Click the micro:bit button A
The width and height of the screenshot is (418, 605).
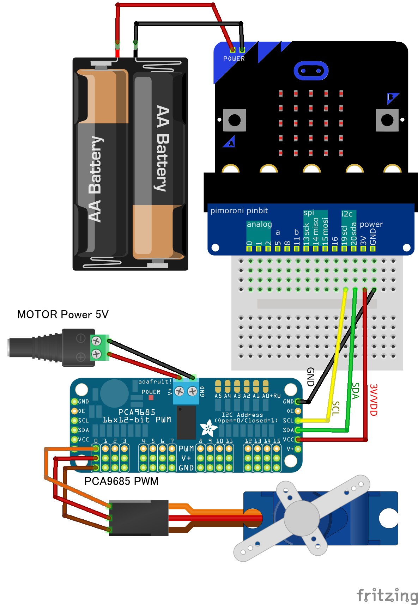[x=235, y=120]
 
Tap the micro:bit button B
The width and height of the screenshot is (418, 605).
[x=387, y=120]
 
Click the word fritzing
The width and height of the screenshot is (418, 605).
[x=387, y=595]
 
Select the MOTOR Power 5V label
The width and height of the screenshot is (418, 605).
[x=63, y=314]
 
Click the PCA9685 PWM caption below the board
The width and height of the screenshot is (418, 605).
[x=121, y=481]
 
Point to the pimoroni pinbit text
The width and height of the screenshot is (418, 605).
[x=239, y=211]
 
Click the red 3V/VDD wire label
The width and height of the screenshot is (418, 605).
[x=374, y=400]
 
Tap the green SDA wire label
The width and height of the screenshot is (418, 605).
[x=356, y=391]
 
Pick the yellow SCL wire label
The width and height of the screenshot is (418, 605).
[x=336, y=408]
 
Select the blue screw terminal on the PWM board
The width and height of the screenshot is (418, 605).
[x=186, y=392]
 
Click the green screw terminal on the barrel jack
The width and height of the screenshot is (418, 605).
[x=99, y=348]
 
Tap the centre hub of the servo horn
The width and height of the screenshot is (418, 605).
[x=302, y=517]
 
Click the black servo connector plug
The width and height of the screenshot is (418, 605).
[x=139, y=518]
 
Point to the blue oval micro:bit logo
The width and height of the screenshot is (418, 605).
[x=311, y=71]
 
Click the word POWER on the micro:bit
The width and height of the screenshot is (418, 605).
[x=234, y=59]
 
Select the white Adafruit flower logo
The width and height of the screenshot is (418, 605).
[x=208, y=428]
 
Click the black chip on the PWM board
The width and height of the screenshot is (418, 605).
[x=186, y=422]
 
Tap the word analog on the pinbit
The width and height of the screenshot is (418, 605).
[x=259, y=224]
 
